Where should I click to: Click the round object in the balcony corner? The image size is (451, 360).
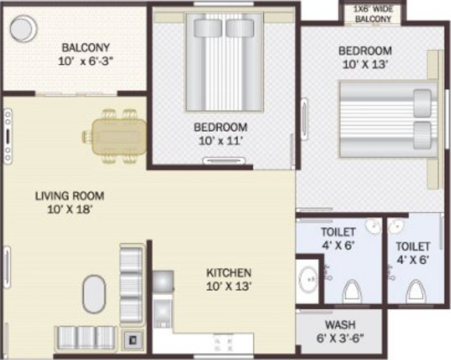click(23, 27)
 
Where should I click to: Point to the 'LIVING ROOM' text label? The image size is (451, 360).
click(69, 197)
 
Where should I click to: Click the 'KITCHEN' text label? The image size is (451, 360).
click(228, 273)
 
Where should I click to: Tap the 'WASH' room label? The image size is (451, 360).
click(340, 325)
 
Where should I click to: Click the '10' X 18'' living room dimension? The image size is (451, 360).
click(69, 209)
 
